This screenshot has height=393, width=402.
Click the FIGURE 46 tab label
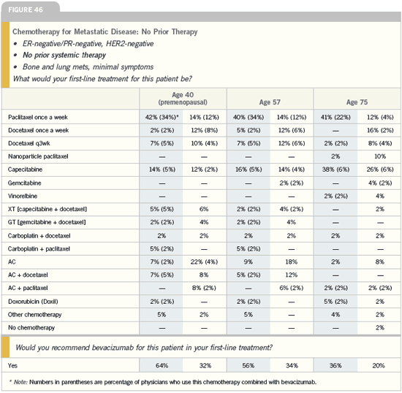[x=26, y=9]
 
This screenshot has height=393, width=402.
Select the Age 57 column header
[x=270, y=102]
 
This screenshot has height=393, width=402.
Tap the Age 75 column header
[x=357, y=102]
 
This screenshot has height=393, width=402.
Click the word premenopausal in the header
[x=183, y=102]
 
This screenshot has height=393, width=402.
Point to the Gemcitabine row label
[x=25, y=183]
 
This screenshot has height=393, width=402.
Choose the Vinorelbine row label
[x=23, y=196]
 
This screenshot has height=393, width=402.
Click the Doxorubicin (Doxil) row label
[x=33, y=301]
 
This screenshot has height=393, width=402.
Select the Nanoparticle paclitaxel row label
[x=38, y=156]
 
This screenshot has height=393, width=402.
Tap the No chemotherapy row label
[x=31, y=327]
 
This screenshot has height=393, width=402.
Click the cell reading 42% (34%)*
[x=162, y=118]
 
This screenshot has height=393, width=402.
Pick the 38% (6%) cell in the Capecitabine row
[x=335, y=169]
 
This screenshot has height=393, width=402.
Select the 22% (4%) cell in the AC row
[x=204, y=262]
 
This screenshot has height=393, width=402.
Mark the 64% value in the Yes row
[x=162, y=365]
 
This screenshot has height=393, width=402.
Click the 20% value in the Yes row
[x=379, y=365]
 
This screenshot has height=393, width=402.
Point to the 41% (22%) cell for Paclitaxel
[x=335, y=118]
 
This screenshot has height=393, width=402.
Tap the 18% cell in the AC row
[x=292, y=262]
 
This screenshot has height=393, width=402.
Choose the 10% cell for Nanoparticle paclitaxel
[x=380, y=156]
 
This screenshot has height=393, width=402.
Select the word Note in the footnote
[x=20, y=382]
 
